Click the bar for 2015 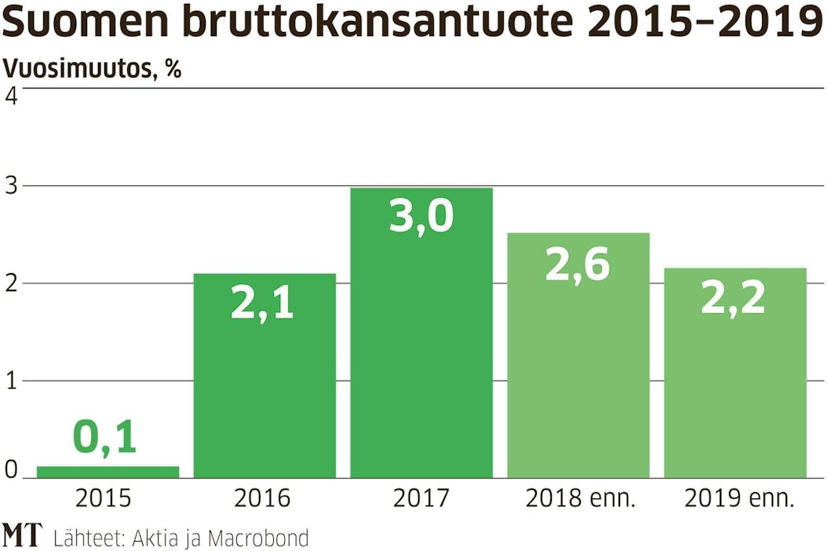[x=108, y=472]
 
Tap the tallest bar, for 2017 [x=421, y=333]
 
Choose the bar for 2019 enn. [x=735, y=373]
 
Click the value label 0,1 [x=105, y=438]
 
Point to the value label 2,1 [x=262, y=303]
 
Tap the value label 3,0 [x=421, y=216]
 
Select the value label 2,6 [x=577, y=264]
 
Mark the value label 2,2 [x=733, y=297]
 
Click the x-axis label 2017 [x=421, y=498]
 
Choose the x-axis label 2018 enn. [x=578, y=498]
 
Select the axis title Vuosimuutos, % [x=92, y=70]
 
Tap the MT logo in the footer [x=22, y=535]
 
